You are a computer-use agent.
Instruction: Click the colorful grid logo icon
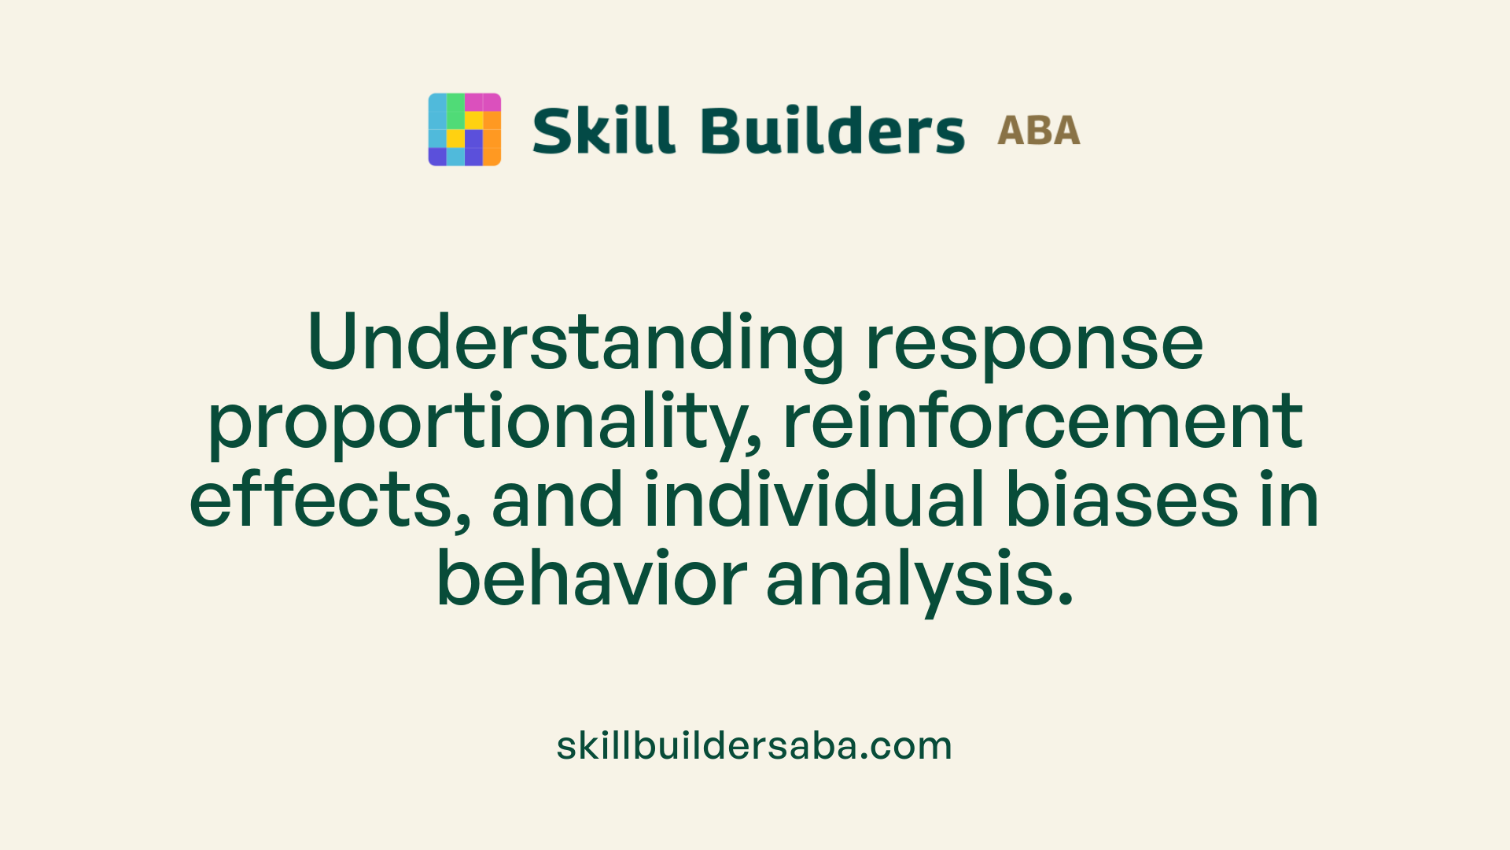pos(464,129)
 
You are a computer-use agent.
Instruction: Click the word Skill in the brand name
pos(603,131)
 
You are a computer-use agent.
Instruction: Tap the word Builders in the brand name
pos(832,131)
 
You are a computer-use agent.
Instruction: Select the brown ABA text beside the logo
pos(1038,131)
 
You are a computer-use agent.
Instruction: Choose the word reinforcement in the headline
pos(1043,422)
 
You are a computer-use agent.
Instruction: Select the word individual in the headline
pos(815,501)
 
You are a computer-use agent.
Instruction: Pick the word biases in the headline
pos(1122,501)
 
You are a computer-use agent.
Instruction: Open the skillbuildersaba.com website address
pos(754,746)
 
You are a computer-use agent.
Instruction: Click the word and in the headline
pos(557,501)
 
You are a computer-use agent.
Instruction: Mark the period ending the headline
pos(1066,600)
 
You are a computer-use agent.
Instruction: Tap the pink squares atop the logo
pos(482,102)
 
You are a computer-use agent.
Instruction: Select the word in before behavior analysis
pos(1289,501)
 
